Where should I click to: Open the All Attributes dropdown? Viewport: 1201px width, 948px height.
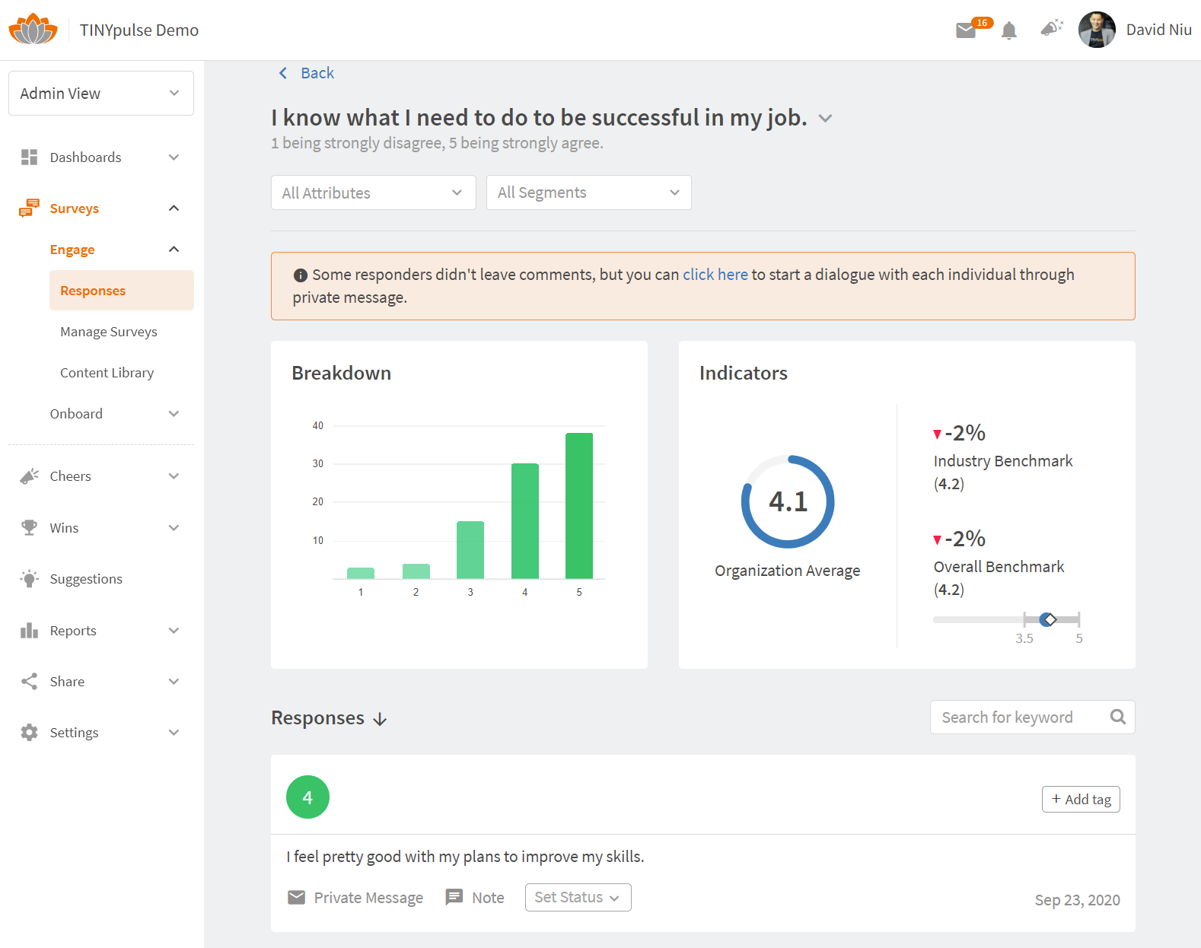(x=373, y=192)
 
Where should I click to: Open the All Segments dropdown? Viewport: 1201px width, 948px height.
(x=588, y=192)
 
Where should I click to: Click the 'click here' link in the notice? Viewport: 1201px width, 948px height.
(x=715, y=275)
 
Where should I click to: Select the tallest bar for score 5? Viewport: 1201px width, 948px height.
(x=579, y=505)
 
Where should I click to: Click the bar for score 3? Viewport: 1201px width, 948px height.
(x=470, y=549)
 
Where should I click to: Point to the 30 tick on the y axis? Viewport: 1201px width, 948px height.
(x=318, y=463)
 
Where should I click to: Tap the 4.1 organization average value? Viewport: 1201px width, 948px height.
(x=788, y=501)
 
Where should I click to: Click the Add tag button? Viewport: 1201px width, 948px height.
(x=1080, y=799)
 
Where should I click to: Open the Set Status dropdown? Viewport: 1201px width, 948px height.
(x=578, y=897)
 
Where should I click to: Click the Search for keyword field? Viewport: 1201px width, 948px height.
(x=1020, y=717)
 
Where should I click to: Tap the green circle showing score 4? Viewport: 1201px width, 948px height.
(x=307, y=797)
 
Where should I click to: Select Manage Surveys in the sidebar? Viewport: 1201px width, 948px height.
(x=109, y=332)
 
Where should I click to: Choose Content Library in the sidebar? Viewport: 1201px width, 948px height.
(x=107, y=373)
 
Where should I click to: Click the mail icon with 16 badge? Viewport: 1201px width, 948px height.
(x=967, y=30)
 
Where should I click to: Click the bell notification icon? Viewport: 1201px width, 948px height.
(x=1009, y=30)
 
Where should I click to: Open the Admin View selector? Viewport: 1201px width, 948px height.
(x=100, y=94)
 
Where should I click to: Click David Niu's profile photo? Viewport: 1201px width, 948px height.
(x=1097, y=30)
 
